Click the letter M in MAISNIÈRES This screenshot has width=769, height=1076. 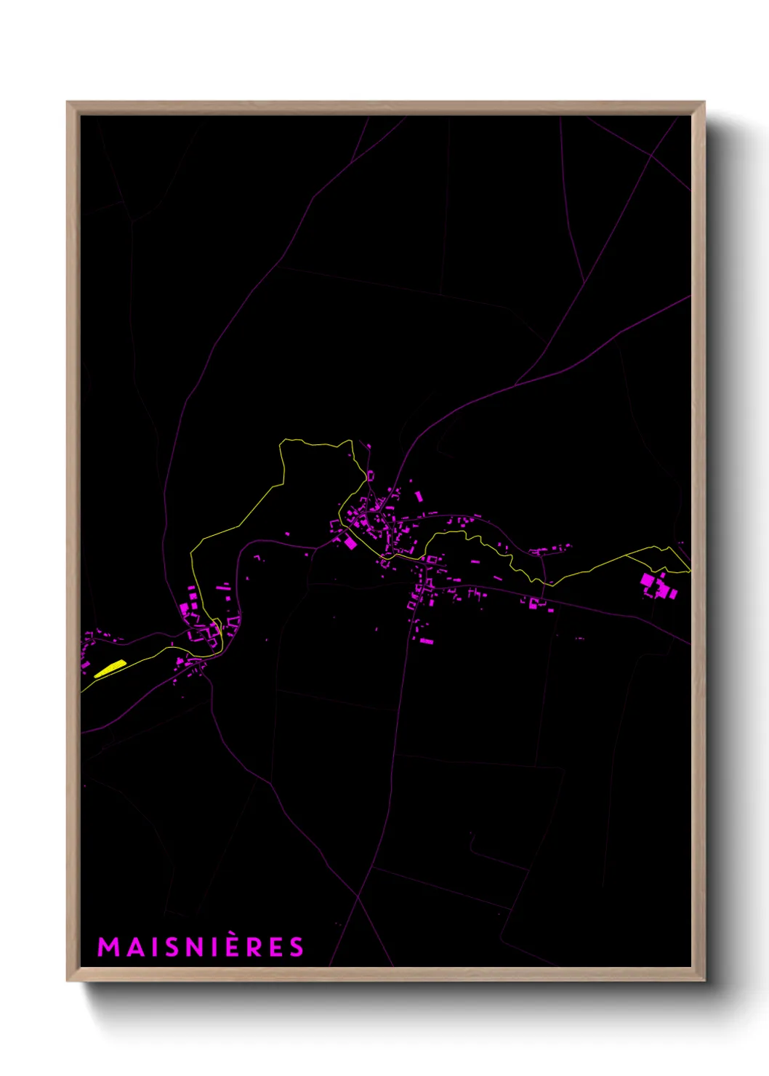[108, 947]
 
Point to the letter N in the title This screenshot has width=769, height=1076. [196, 947]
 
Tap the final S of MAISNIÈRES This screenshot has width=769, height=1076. [296, 947]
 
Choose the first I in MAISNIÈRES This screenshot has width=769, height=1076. [154, 947]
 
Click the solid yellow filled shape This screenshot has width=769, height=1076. [110, 668]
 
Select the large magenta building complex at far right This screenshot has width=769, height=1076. [658, 586]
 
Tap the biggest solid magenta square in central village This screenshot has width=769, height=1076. [350, 542]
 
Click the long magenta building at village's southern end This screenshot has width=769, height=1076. [427, 641]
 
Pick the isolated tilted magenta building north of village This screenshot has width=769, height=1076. [419, 495]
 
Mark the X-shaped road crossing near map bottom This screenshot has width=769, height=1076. [358, 898]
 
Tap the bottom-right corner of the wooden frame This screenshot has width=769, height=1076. [704, 980]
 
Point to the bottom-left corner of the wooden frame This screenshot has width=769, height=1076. [68, 980]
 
